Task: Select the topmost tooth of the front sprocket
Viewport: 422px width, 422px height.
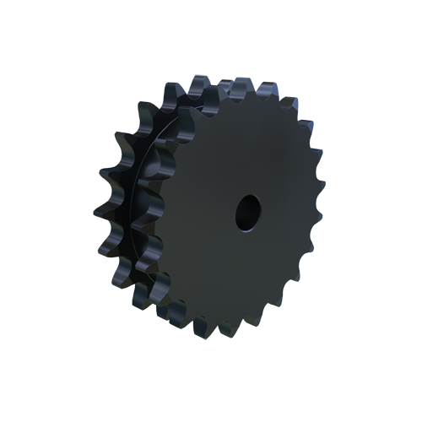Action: (239, 88)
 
